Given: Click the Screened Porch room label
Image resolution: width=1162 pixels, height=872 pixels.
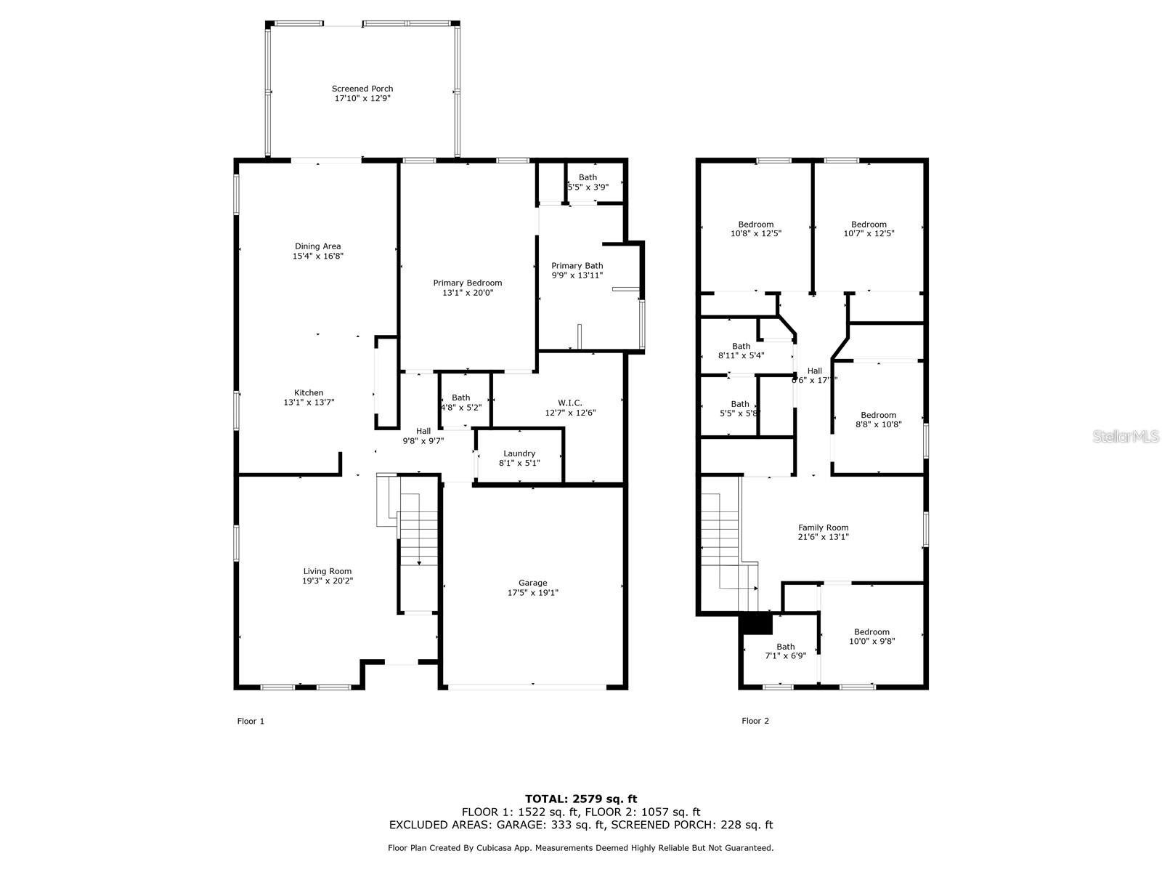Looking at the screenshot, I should [x=362, y=89].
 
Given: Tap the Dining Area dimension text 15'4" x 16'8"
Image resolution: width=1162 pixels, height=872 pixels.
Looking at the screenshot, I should [x=317, y=256].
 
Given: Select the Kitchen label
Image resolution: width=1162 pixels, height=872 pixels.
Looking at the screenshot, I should [x=309, y=393].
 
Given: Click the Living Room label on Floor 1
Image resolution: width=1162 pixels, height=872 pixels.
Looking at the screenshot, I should [x=328, y=571].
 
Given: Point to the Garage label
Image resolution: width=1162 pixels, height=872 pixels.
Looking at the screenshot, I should [x=532, y=583].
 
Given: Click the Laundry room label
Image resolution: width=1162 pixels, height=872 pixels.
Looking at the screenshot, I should [x=519, y=453].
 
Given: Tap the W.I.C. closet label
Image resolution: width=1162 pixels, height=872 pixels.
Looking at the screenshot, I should [x=570, y=403].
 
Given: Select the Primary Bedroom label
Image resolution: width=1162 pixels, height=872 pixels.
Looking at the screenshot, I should [x=467, y=283].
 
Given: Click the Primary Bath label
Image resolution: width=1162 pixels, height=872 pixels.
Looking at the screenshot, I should [x=577, y=266].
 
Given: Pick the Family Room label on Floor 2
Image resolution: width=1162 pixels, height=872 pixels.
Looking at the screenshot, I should [x=823, y=528].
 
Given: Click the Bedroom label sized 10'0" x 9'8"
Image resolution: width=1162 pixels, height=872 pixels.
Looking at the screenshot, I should [x=871, y=632].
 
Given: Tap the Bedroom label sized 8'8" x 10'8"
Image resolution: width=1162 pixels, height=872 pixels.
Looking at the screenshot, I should [x=878, y=416].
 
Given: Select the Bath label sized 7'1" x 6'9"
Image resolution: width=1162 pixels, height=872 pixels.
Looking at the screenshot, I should [x=785, y=647].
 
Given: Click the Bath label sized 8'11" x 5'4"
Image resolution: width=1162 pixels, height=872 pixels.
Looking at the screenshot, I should [x=741, y=347].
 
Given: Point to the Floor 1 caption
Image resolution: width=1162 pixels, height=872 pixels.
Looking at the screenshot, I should [x=251, y=721].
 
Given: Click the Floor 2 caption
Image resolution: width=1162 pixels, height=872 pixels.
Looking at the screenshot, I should [x=755, y=721].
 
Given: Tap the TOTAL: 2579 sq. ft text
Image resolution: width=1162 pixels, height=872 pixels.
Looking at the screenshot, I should [x=581, y=799].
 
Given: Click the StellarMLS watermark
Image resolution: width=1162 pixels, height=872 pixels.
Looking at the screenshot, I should [x=1126, y=436].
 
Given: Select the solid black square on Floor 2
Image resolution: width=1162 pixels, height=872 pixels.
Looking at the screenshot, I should [x=755, y=624].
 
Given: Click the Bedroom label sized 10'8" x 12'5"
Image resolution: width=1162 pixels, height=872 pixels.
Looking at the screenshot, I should [x=755, y=225].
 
